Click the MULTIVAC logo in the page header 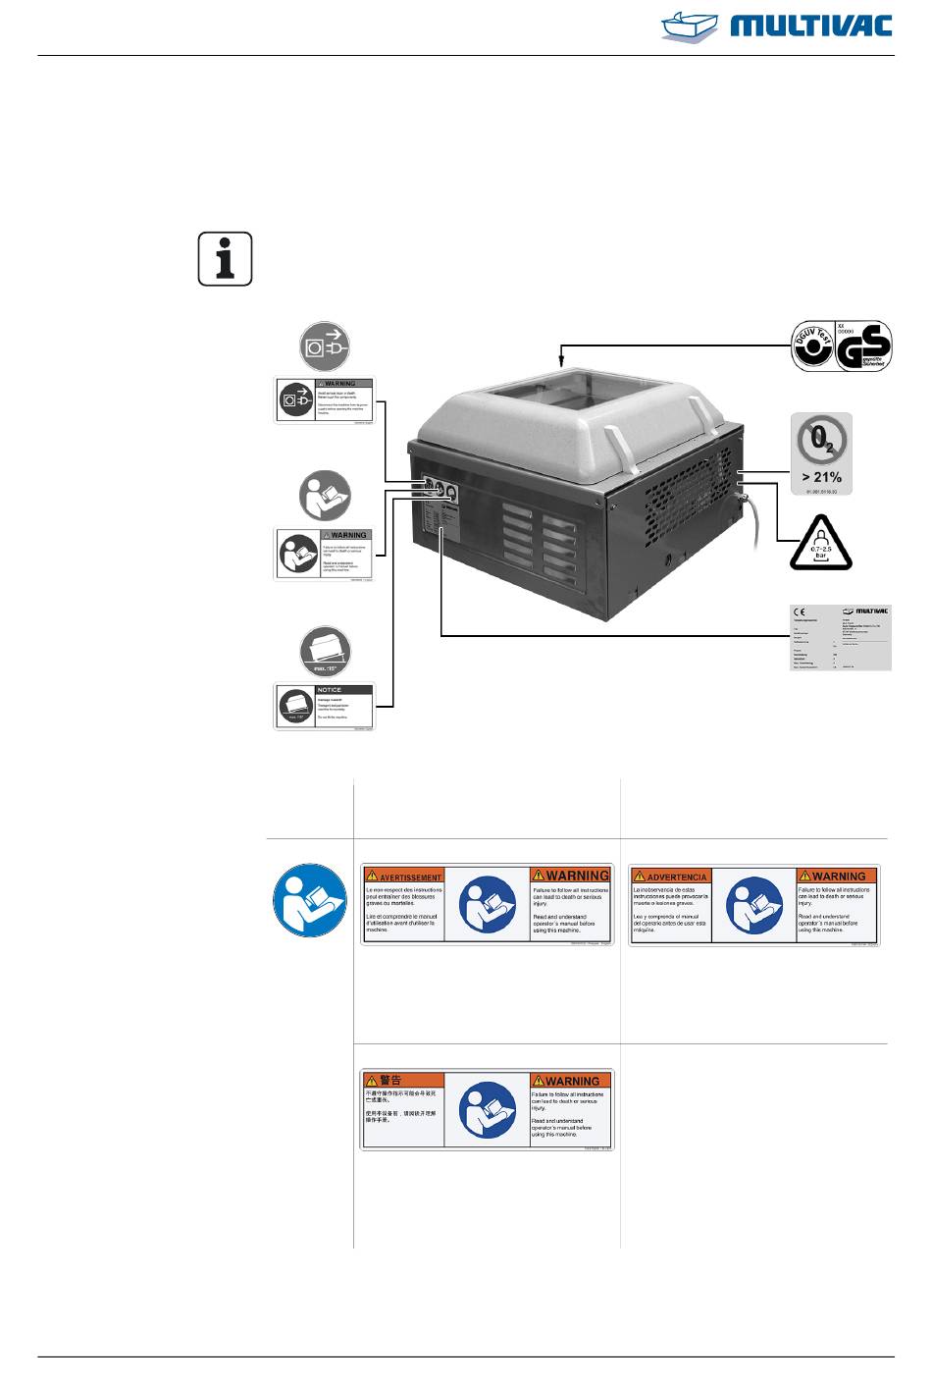777,25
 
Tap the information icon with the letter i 225,259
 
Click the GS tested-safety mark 863,347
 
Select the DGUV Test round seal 812,347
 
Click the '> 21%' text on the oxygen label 821,477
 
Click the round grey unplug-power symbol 325,346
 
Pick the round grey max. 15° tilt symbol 325,652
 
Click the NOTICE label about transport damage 324,707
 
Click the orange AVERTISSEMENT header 404,876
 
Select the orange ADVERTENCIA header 671,876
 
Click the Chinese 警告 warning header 389,1080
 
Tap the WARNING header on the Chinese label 571,1081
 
